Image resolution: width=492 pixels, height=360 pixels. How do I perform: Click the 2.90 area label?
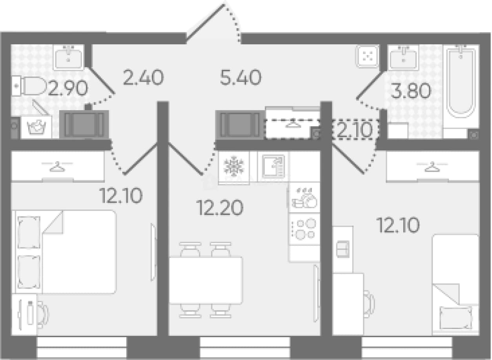[x=68, y=88]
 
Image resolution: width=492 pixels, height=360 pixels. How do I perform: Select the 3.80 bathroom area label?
[x=410, y=91]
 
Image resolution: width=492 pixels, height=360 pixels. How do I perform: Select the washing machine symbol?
[x=36, y=127]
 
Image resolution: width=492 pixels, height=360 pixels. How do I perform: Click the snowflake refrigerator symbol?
[x=234, y=166]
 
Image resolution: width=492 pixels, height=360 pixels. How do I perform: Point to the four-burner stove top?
[x=304, y=229]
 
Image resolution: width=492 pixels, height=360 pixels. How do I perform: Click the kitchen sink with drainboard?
[x=273, y=166]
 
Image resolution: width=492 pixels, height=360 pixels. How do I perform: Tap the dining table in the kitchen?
[x=206, y=280]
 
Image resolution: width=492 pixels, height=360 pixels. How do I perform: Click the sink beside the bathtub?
[x=403, y=58]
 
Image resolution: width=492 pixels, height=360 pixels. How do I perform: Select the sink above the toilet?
[x=68, y=58]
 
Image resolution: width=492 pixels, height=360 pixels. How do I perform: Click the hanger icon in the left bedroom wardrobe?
[x=57, y=166]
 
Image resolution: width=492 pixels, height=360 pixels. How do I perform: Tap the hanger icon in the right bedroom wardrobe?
[x=432, y=166]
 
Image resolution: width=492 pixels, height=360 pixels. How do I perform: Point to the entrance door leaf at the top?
[x=205, y=24]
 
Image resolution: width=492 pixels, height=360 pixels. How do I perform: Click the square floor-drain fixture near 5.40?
[x=368, y=56]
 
